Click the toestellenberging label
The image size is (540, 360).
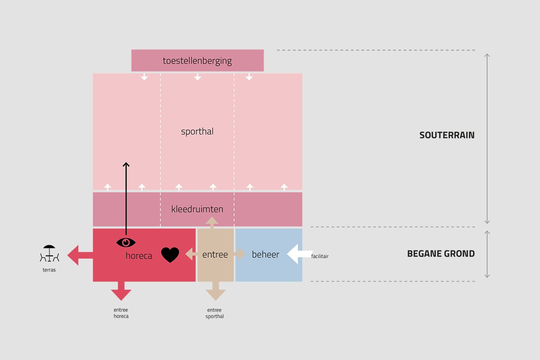pyautogui.click(x=197, y=61)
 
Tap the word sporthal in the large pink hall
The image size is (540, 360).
pyautogui.click(x=197, y=131)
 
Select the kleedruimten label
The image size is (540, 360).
pyautogui.click(x=197, y=209)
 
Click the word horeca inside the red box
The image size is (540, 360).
pyautogui.click(x=139, y=256)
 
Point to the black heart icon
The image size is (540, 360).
pyautogui.click(x=170, y=255)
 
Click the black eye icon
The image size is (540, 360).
pyautogui.click(x=126, y=243)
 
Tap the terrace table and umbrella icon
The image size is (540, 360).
pyautogui.click(x=49, y=253)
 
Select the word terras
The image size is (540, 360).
pyautogui.click(x=49, y=270)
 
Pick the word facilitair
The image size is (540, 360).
pyautogui.click(x=320, y=256)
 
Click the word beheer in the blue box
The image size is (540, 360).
pyautogui.click(x=265, y=255)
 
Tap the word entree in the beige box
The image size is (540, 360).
pyautogui.click(x=215, y=255)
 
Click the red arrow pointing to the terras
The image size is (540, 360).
pyautogui.click(x=79, y=255)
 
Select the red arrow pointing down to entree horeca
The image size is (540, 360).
pyautogui.click(x=121, y=291)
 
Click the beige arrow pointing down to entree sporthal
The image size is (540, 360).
pyautogui.click(x=216, y=291)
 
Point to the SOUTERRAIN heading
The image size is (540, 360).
pyautogui.click(x=447, y=135)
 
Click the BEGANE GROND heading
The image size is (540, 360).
pyautogui.click(x=441, y=254)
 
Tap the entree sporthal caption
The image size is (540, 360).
pyautogui.click(x=215, y=313)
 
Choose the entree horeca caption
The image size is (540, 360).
pyautogui.click(x=121, y=313)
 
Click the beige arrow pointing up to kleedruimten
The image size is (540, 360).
pyautogui.click(x=212, y=222)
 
